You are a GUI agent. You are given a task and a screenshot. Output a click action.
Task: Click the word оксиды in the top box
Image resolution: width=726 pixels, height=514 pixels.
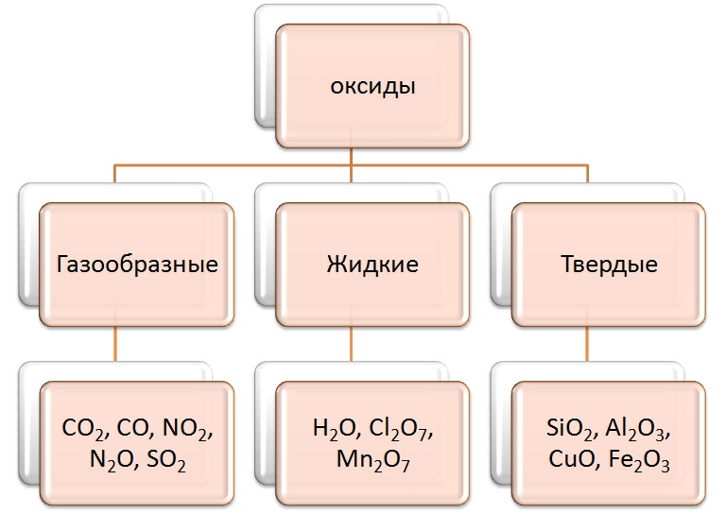coord(372,87)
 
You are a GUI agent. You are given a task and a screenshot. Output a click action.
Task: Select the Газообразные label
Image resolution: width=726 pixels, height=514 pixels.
coord(137,265)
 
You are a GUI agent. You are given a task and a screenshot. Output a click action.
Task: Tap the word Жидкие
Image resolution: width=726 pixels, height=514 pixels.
coord(372,265)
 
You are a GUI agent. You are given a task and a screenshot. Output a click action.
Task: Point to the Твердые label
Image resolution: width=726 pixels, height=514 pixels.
coord(609,265)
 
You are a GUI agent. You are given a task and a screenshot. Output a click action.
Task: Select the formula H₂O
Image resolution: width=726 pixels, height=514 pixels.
coord(334,429)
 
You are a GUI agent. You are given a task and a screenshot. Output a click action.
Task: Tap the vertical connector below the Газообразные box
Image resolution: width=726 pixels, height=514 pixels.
coord(114,344)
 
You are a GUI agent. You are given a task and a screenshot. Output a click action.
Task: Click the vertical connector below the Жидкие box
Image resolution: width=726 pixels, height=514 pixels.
coord(351,344)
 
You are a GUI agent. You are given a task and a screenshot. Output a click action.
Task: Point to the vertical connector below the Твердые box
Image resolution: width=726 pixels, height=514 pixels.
coord(587,344)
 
